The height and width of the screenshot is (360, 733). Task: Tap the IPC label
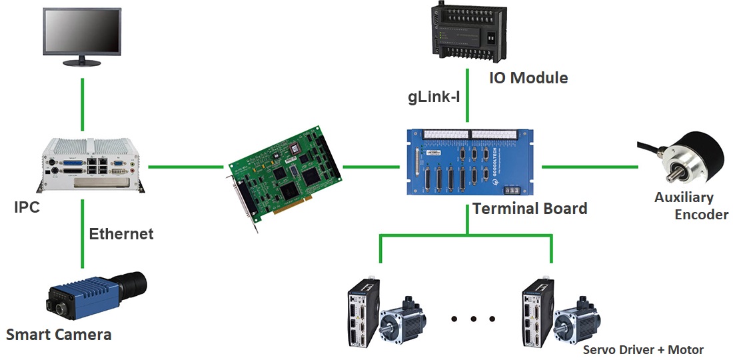27,207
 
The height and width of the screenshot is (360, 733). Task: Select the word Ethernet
121,234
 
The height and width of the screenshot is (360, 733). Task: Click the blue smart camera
97,295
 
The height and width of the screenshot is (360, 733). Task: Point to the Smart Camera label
59,335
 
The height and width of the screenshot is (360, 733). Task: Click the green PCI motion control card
285,177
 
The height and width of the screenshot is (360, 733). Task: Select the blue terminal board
469,162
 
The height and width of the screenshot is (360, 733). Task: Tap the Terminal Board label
530,208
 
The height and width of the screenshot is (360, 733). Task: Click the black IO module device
469,32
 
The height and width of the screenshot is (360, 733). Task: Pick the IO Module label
528,77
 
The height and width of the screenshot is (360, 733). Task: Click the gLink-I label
434,98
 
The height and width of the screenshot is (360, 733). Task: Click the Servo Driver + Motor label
643,350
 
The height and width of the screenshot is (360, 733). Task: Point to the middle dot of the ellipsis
473,319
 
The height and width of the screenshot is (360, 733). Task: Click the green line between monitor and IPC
83,105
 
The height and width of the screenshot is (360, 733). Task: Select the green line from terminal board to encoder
590,167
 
